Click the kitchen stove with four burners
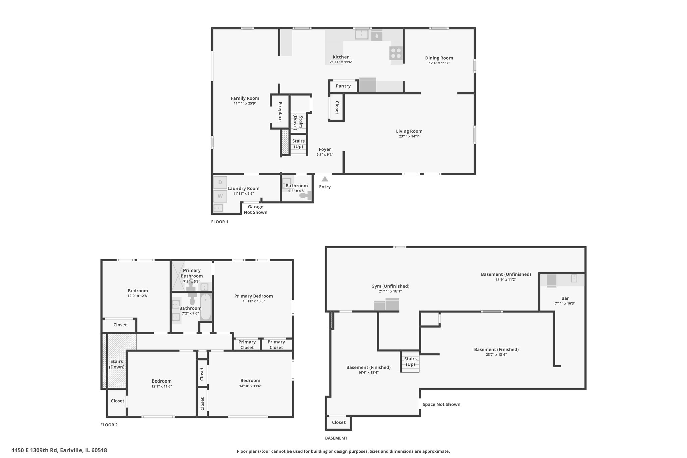click(396, 53)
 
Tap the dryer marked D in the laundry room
click(220, 182)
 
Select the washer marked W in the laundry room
click(220, 196)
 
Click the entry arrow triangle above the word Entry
click(325, 179)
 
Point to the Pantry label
click(343, 86)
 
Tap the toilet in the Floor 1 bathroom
click(306, 195)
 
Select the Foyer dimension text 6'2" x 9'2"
click(325, 155)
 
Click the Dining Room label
click(439, 58)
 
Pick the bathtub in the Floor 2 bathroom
click(205, 307)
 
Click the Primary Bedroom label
click(254, 296)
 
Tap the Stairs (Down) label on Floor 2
click(117, 364)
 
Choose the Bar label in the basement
click(565, 298)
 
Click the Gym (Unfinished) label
click(390, 286)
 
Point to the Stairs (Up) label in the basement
click(410, 362)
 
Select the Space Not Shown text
click(441, 404)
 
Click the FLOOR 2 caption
click(109, 425)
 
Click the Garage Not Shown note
click(256, 209)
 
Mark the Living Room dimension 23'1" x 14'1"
click(409, 136)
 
